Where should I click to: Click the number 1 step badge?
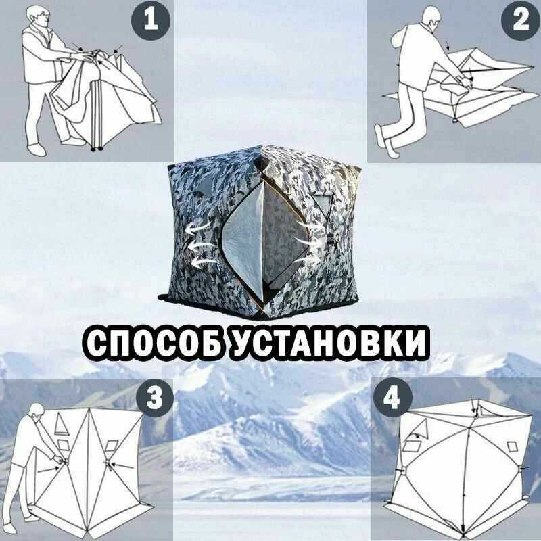tap(151, 20)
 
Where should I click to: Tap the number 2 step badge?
tap(521, 20)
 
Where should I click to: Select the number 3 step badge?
tap(154, 398)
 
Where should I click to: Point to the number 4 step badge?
tap(393, 397)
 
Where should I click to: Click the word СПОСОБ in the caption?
tap(154, 344)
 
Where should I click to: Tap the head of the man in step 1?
tap(38, 16)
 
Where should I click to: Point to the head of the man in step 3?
tap(37, 413)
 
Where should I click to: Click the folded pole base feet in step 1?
tap(97, 149)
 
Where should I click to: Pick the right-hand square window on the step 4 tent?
tap(513, 446)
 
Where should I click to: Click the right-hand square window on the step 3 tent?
tap(111, 446)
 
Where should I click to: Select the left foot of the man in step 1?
tap(37, 149)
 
